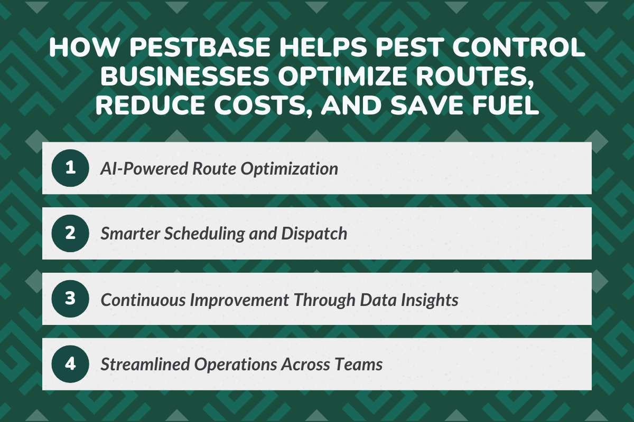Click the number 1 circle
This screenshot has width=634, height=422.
71,168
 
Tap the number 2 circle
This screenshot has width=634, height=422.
71,234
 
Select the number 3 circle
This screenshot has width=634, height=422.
71,299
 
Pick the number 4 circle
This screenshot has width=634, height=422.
71,365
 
